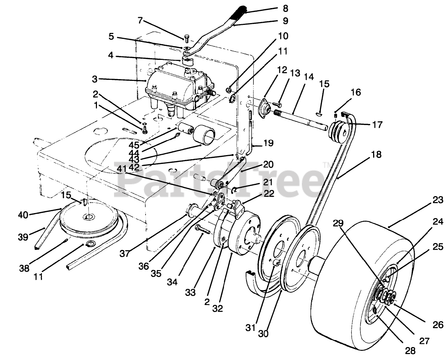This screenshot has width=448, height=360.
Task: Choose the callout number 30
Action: pyautogui.click(x=263, y=334)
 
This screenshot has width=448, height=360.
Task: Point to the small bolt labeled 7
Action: pyautogui.click(x=186, y=37)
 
